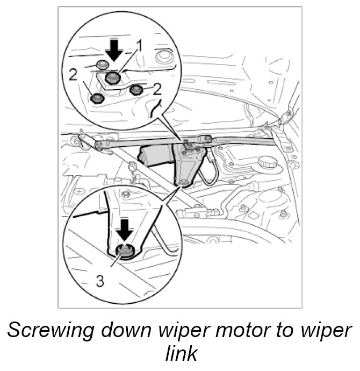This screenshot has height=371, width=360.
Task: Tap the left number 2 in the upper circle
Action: (x=73, y=74)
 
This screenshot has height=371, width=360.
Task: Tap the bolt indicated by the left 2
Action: (x=97, y=98)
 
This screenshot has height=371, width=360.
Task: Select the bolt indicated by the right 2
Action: (x=136, y=89)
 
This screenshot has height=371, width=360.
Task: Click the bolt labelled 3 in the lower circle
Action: (x=126, y=251)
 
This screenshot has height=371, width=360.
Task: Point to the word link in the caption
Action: (x=179, y=354)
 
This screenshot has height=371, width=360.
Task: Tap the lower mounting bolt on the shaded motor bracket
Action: (x=184, y=183)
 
